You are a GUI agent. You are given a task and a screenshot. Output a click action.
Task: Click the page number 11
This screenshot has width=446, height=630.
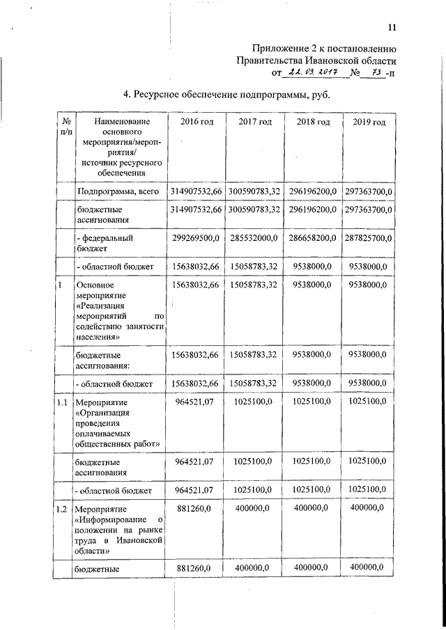392,27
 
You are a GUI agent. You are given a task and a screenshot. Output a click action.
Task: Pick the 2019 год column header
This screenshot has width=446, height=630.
369,123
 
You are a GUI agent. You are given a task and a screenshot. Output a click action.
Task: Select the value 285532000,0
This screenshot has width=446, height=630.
254,238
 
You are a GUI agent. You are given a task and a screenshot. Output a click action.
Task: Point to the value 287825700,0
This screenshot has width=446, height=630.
369,238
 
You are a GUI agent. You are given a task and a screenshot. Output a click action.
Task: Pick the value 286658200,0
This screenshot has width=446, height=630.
312,238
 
